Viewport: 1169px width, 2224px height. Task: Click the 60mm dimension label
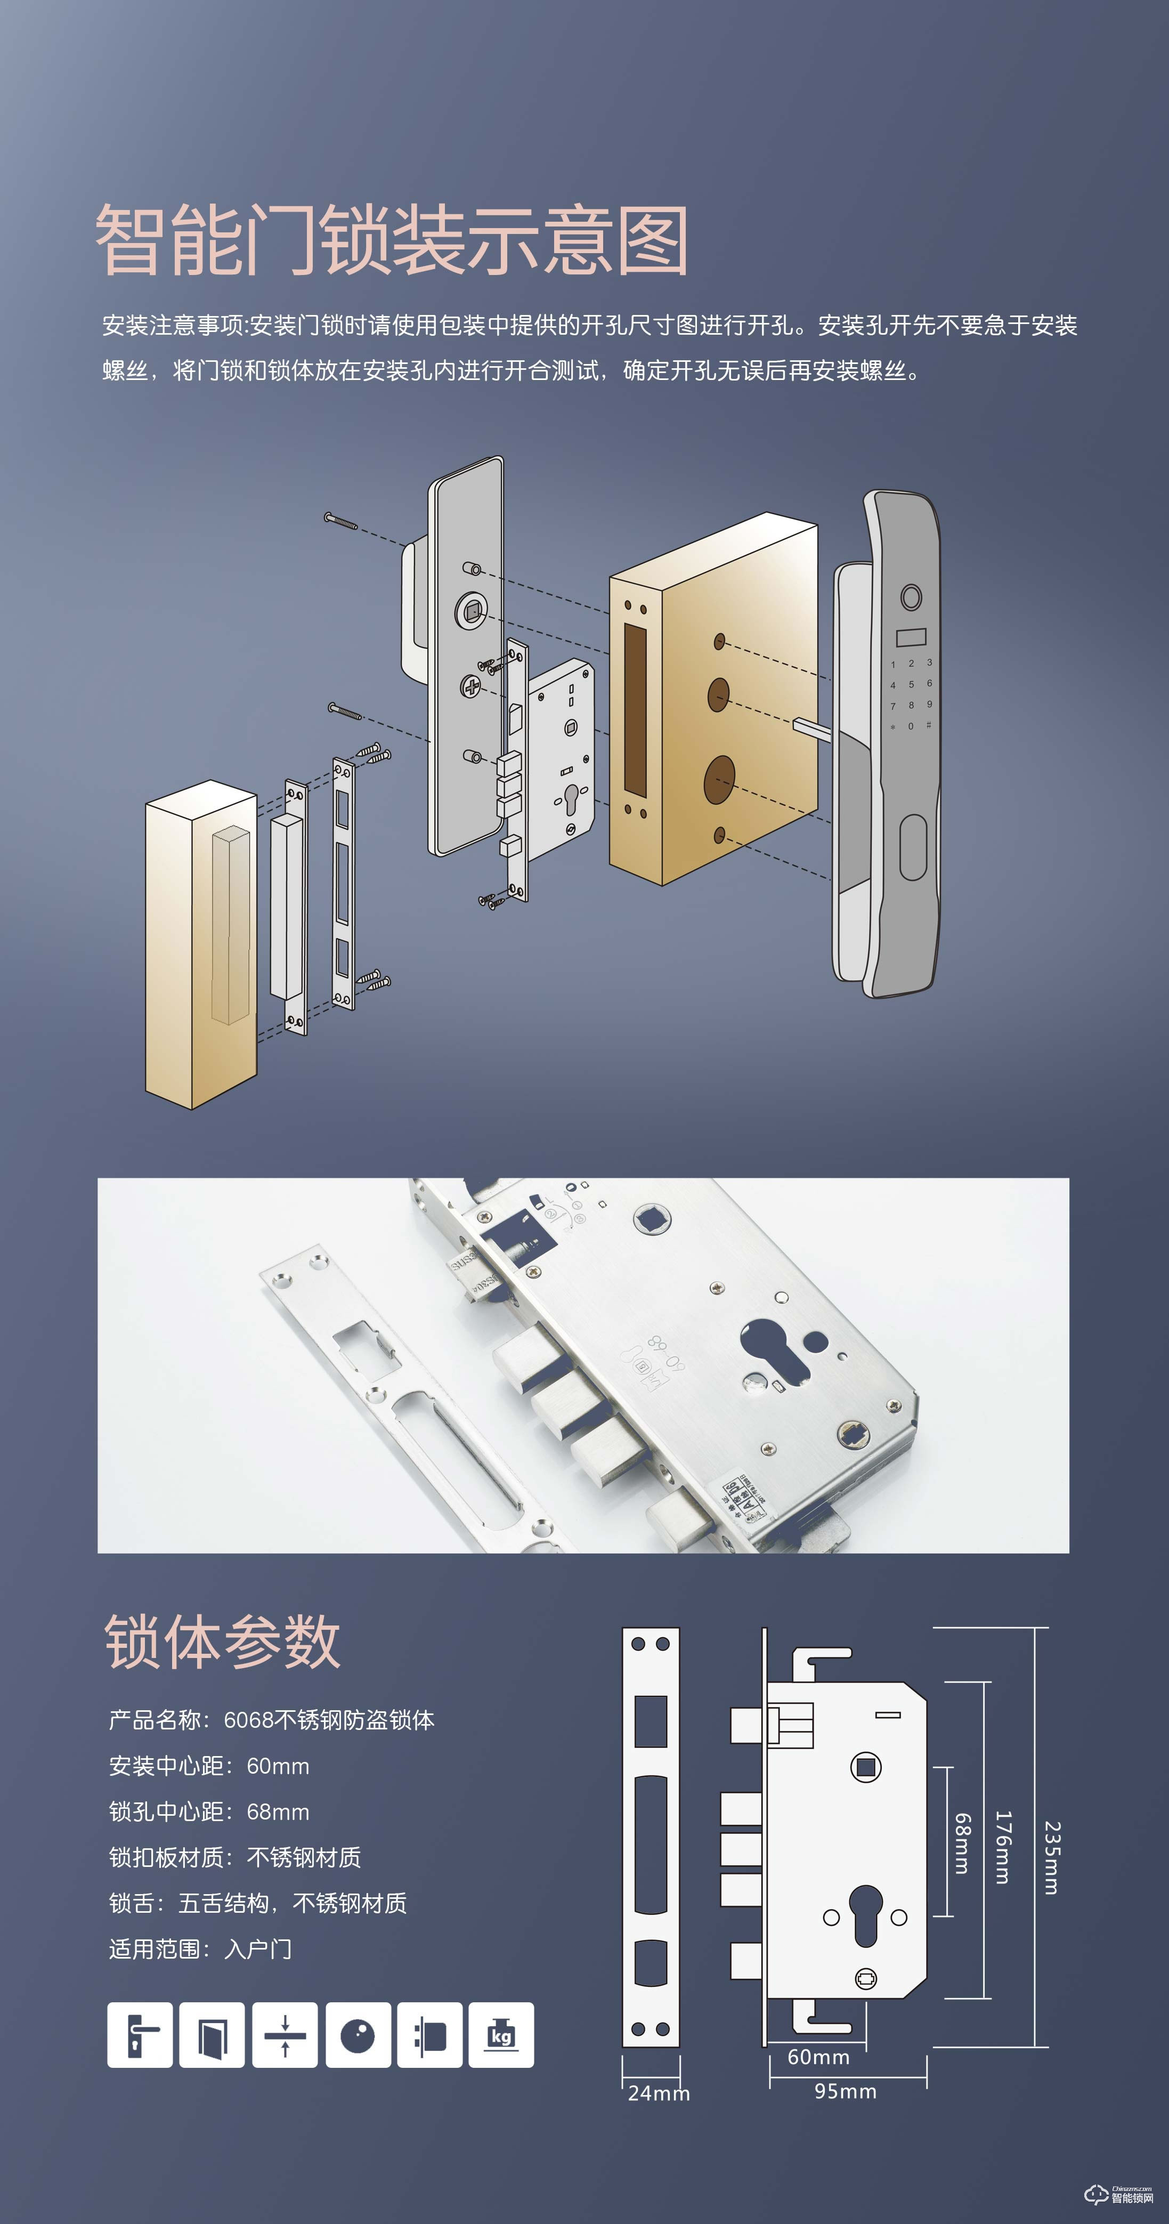(x=818, y=2057)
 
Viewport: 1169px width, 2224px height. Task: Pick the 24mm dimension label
(x=658, y=2093)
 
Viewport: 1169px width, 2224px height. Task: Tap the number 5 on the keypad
(x=911, y=684)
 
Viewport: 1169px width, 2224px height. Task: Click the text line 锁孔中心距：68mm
(x=209, y=1811)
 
